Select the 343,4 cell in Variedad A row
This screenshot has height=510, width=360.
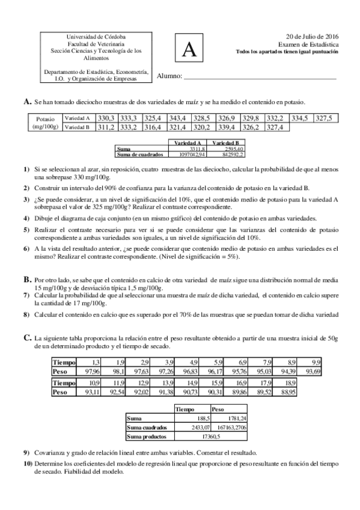pos(177,118)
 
